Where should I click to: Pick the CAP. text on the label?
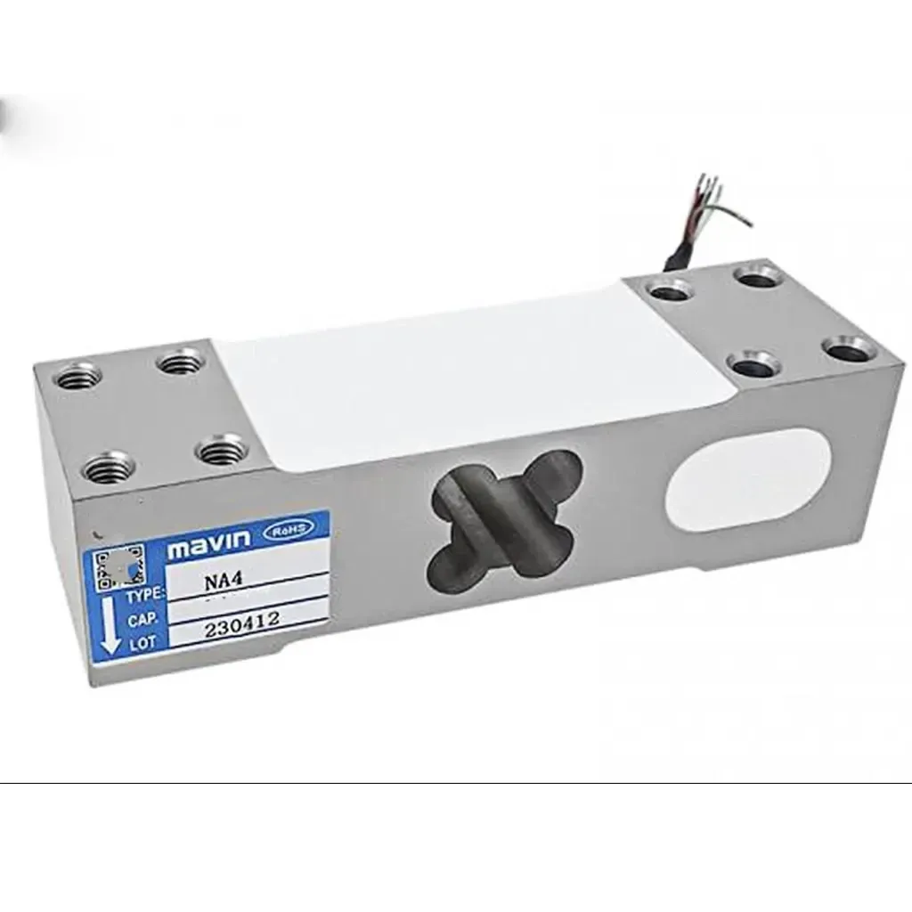tap(142, 618)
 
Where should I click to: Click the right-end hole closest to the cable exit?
tap(670, 289)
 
